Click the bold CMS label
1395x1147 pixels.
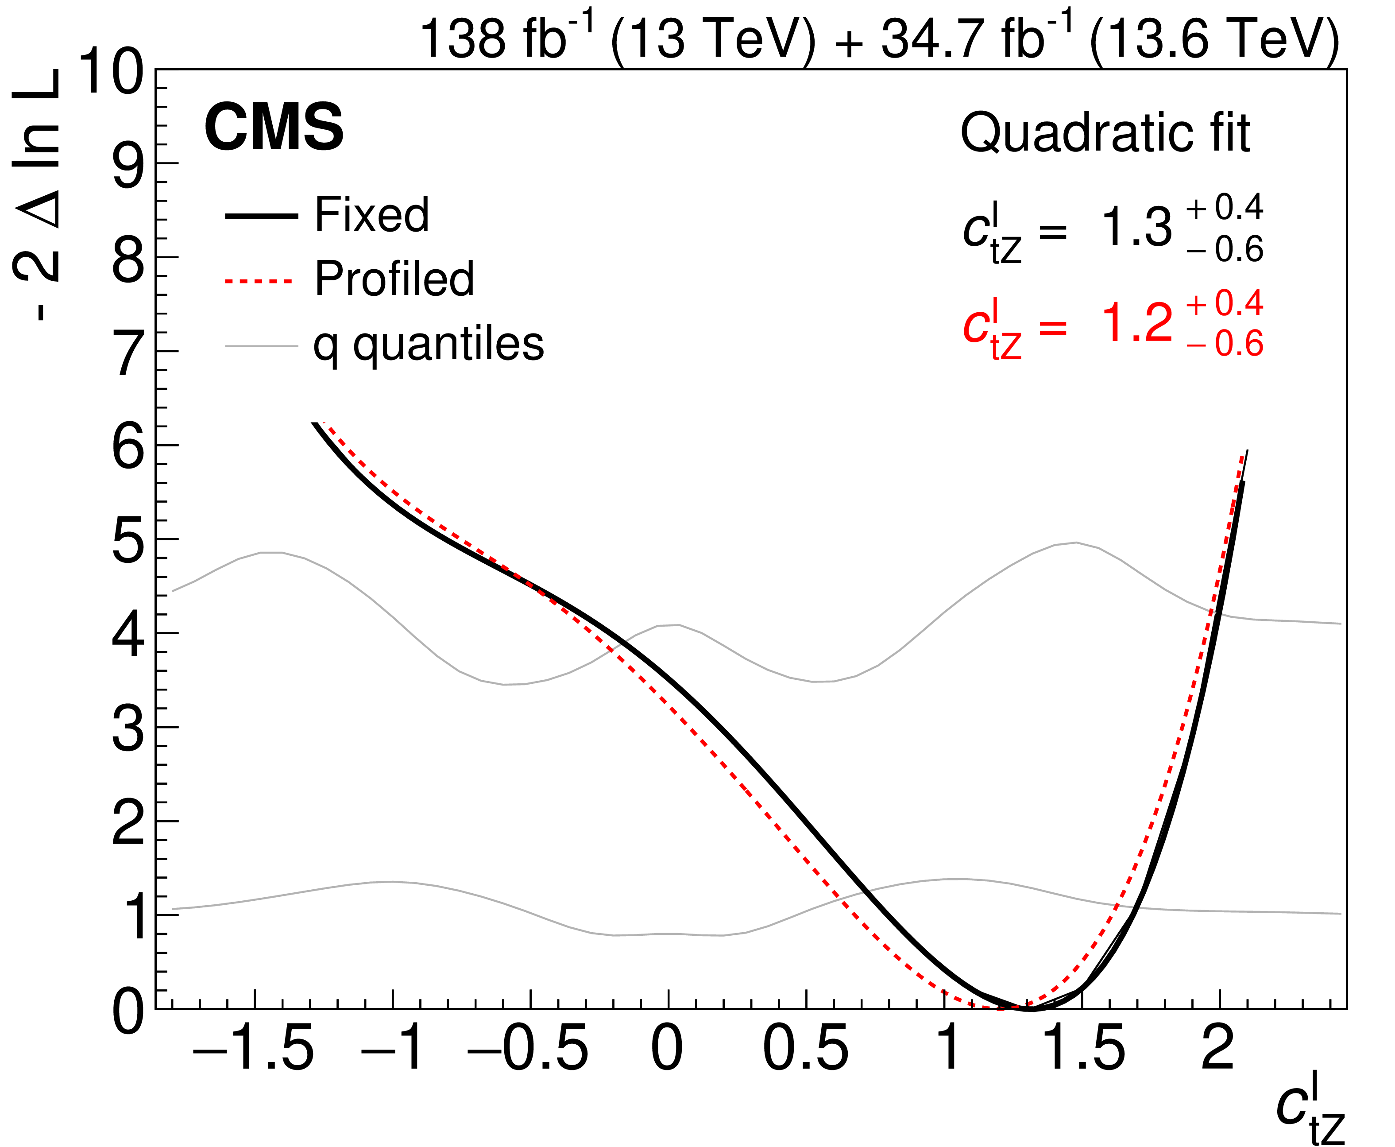274,127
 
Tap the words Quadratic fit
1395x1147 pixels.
1105,133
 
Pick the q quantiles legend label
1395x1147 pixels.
429,344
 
